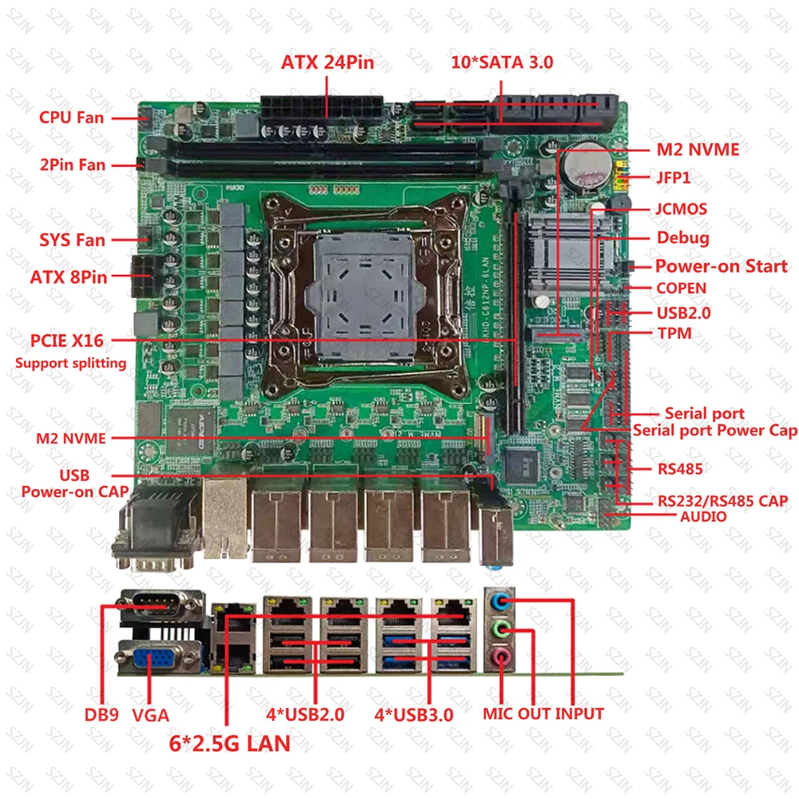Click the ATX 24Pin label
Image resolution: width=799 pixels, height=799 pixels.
[x=327, y=63]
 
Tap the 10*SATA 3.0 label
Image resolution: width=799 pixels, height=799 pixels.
[x=501, y=63]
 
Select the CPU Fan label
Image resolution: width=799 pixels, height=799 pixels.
[x=71, y=117]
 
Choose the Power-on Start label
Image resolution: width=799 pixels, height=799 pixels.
[x=721, y=266]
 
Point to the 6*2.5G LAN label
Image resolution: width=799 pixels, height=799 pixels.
[x=231, y=743]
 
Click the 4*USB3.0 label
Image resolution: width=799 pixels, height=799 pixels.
[x=414, y=714]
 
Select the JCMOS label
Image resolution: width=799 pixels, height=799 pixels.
[x=681, y=209]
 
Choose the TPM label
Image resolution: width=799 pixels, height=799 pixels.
[x=674, y=333]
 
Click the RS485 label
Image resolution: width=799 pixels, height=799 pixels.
[x=680, y=468]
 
